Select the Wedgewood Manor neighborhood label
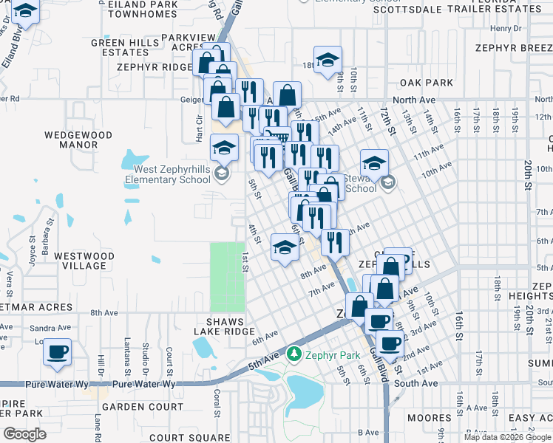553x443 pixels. (78, 140)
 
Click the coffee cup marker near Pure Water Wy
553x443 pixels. (57, 353)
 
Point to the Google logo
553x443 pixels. (24, 434)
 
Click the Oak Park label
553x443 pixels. (426, 82)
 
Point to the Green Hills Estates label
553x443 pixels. (120, 48)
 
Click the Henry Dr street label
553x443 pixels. (506, 29)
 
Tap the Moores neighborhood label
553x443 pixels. (429, 418)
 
